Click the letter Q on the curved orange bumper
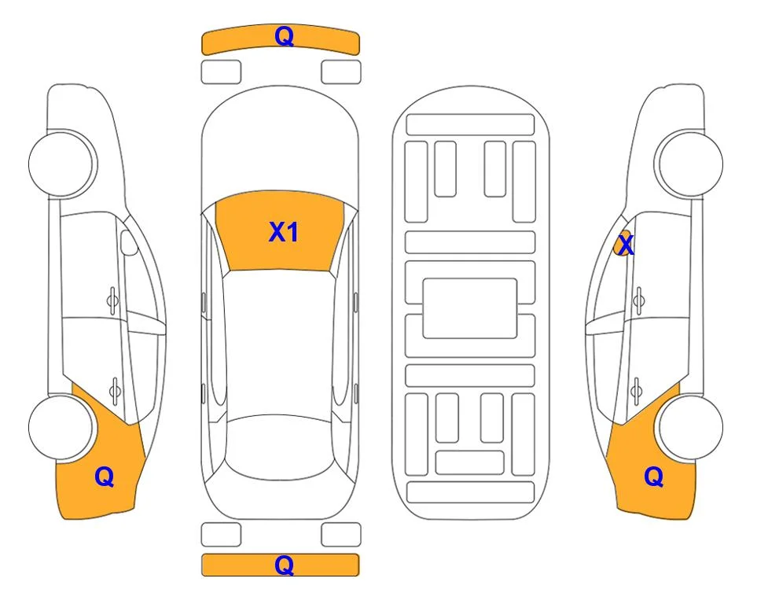(284, 36)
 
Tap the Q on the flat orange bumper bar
(284, 565)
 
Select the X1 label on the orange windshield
(284, 232)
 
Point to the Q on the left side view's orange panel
(105, 477)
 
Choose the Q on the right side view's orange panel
(654, 477)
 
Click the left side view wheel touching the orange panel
(61, 427)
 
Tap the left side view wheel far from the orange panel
(62, 164)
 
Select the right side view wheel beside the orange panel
(690, 427)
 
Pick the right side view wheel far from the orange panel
(690, 164)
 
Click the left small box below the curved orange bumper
(221, 72)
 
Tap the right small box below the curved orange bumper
(341, 72)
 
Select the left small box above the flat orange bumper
(221, 535)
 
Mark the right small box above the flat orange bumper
(341, 535)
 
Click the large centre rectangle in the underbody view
(470, 308)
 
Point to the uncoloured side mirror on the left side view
(129, 242)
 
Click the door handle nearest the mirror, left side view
(112, 301)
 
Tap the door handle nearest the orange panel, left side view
(116, 390)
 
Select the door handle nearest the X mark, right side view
(639, 301)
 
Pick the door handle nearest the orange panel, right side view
(636, 391)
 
